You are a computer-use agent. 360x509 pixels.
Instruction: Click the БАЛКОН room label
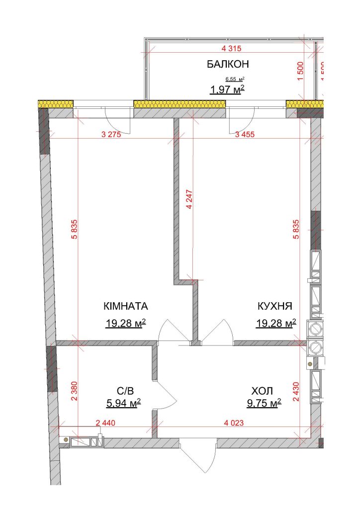[x=228, y=64]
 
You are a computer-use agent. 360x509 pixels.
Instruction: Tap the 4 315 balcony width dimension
[x=231, y=49]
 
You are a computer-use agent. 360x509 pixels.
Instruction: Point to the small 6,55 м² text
[x=235, y=79]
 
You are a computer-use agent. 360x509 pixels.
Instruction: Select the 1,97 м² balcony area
[x=227, y=89]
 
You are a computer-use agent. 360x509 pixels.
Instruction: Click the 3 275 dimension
[x=111, y=134]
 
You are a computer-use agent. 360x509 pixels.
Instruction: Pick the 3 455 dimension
[x=245, y=134]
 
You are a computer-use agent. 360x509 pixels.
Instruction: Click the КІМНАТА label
[x=126, y=306]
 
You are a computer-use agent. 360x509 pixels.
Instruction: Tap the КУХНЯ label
[x=275, y=306]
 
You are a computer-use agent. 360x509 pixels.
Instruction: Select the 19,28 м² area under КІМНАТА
[x=125, y=323]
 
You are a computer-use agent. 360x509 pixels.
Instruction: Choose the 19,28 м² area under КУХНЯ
[x=276, y=323]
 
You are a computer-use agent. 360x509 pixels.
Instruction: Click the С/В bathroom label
[x=125, y=391]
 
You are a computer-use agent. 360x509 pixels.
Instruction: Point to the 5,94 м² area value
[x=123, y=403]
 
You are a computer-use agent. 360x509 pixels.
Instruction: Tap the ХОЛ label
[x=262, y=391]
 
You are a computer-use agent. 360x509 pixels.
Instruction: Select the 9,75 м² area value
[x=264, y=403]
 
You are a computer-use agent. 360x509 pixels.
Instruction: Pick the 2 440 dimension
[x=105, y=423]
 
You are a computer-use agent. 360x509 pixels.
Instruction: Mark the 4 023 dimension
[x=234, y=423]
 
